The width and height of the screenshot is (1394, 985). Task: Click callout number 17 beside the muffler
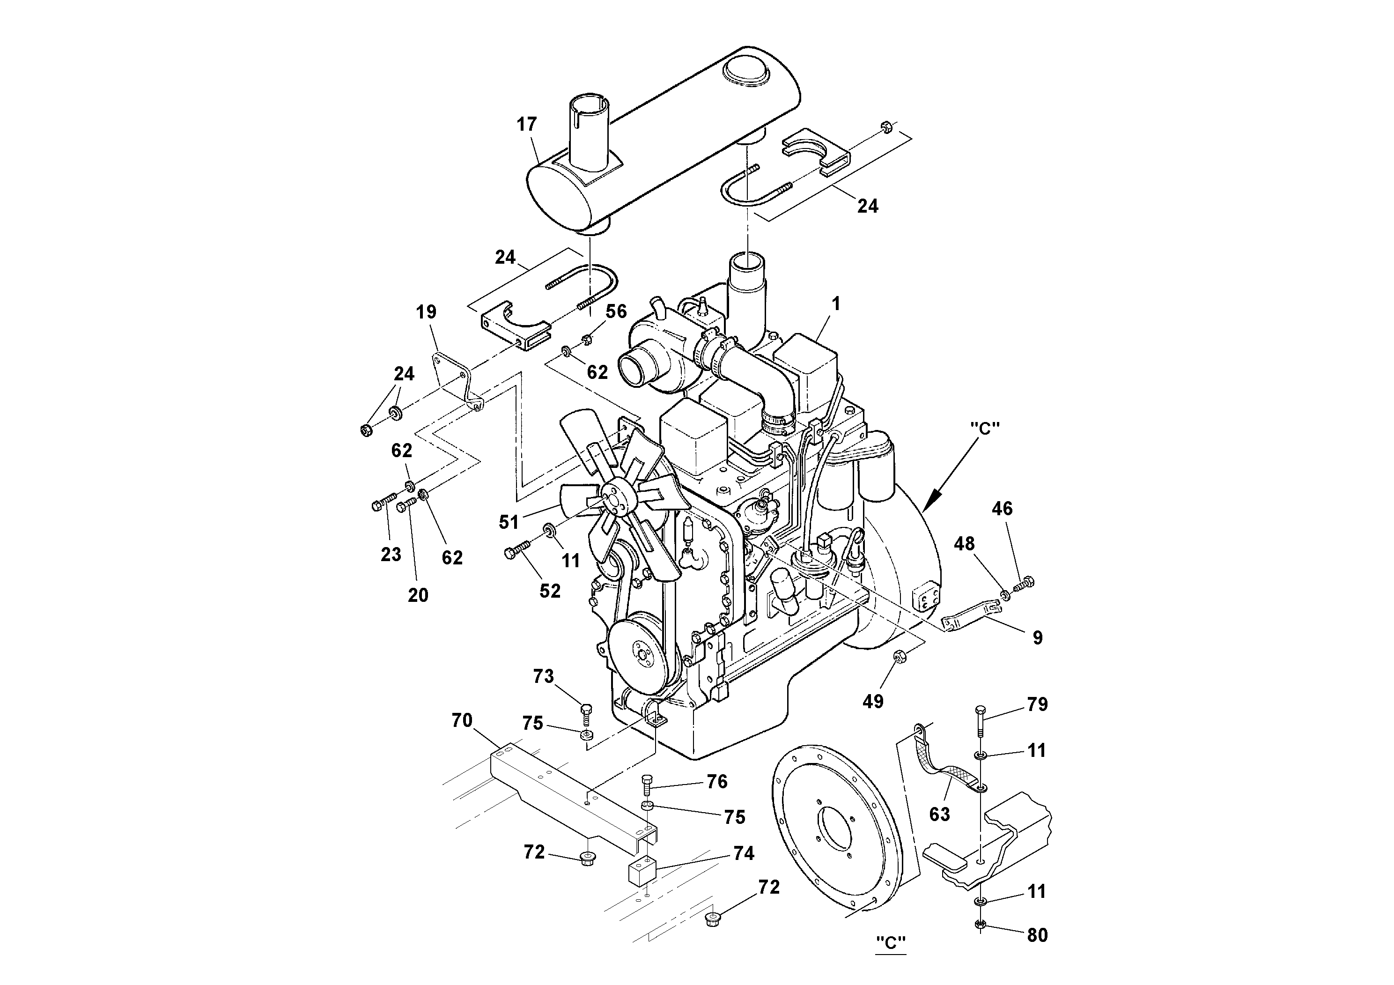click(526, 125)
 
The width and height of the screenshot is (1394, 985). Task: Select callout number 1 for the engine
click(835, 304)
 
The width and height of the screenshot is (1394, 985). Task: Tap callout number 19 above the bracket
click(426, 312)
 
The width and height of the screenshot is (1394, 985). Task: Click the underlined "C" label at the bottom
click(891, 943)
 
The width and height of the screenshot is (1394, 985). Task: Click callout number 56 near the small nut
click(616, 311)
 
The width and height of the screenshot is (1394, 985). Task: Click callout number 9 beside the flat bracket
click(1037, 637)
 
